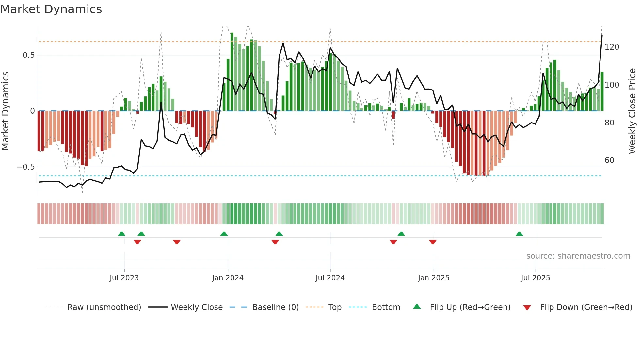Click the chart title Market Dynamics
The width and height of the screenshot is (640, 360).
tap(51, 9)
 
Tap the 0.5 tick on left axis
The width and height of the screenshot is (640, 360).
tap(28, 55)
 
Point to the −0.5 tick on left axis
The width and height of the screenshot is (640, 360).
tap(26, 167)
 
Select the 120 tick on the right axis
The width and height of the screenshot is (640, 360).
tap(612, 47)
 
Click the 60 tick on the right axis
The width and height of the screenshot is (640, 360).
tap(609, 160)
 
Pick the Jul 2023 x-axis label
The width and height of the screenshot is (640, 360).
tap(124, 278)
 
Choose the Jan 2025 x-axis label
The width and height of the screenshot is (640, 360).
tap(433, 278)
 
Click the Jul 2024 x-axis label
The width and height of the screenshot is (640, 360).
tap(330, 278)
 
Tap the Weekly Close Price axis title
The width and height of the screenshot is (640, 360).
tap(632, 111)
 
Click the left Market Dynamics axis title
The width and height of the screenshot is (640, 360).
tap(5, 111)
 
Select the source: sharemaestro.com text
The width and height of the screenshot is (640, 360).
tap(578, 256)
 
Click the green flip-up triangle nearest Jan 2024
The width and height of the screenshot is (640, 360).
tap(224, 234)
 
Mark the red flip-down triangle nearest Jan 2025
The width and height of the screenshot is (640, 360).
tap(433, 242)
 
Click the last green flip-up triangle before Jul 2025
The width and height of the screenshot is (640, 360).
tap(519, 234)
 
